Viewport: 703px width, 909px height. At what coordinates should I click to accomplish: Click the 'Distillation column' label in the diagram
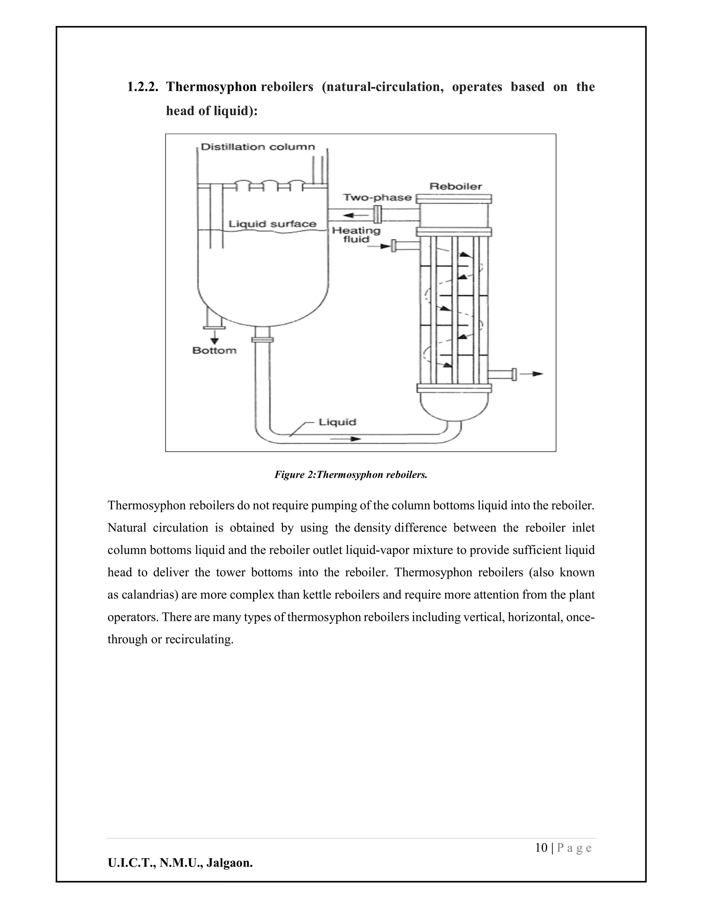click(x=258, y=147)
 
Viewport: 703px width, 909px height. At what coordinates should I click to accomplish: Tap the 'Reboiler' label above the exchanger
click(x=456, y=187)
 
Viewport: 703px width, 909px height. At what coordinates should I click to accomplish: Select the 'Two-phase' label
click(x=377, y=198)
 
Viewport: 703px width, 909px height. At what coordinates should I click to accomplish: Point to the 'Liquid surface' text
click(x=272, y=224)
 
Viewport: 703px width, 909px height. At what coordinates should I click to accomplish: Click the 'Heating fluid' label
click(x=356, y=235)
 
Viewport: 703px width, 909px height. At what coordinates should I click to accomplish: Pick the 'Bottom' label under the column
click(x=214, y=351)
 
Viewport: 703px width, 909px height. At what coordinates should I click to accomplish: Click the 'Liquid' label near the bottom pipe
click(x=337, y=422)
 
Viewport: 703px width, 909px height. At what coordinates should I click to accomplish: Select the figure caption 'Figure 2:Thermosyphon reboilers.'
click(x=351, y=475)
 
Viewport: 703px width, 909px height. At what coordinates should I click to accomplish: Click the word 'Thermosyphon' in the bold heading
click(x=211, y=87)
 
